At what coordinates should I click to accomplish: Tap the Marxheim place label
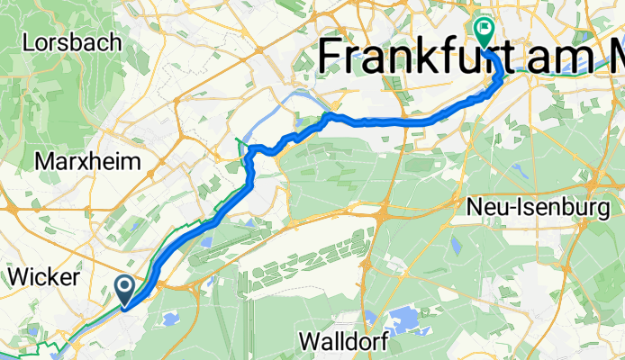88,162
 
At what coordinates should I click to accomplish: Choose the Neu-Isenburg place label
539,208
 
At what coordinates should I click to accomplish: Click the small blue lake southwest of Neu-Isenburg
456,244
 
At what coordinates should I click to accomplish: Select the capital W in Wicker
18,276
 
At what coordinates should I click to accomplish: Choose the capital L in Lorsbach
30,41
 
